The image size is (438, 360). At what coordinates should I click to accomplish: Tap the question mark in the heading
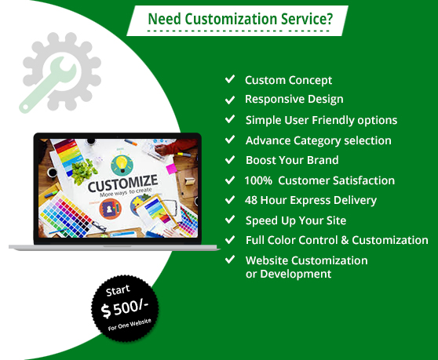pos(329,18)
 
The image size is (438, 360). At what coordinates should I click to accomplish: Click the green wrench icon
pos(46,84)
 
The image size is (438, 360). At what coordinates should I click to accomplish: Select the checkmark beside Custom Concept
pos(230,79)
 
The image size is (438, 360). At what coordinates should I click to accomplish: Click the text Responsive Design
pos(294,100)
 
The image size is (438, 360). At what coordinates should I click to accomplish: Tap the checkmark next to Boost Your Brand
pos(230,160)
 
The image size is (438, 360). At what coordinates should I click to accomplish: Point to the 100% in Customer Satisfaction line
pos(258,180)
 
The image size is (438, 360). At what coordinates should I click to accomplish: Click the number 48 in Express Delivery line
pos(251,200)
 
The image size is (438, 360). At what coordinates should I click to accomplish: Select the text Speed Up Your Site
pos(296,220)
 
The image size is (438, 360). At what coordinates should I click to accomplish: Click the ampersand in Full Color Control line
pos(345,240)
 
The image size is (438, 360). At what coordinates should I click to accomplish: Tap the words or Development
pos(288,274)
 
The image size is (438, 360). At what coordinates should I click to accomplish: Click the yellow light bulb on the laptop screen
pos(122,164)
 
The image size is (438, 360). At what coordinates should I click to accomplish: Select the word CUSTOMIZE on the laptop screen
pos(122,183)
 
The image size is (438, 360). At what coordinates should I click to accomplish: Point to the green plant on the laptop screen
pos(83,171)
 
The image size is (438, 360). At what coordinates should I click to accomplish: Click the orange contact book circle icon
pos(110,209)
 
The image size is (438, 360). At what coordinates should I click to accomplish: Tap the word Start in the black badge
pos(118,290)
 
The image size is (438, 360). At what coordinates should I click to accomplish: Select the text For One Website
pos(130,325)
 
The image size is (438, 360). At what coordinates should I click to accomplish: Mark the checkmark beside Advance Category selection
pos(230,140)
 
